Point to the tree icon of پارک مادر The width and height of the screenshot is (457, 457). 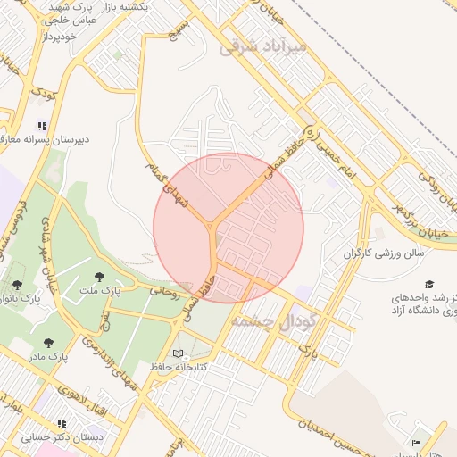[x=48, y=343]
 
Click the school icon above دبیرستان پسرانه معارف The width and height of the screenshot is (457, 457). [x=41, y=126]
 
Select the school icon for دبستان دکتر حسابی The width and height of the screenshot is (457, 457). [x=62, y=424]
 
